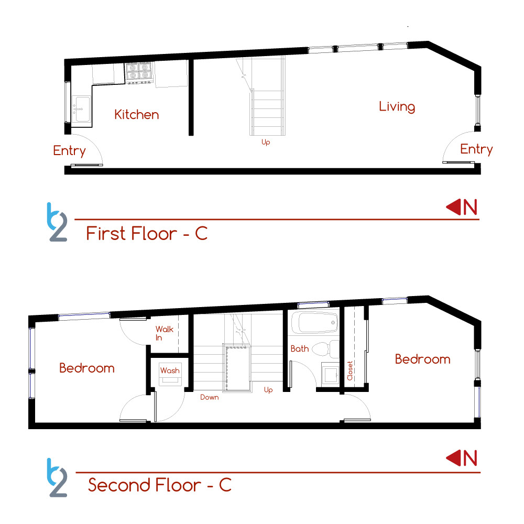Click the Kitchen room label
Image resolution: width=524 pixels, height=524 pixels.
coord(136,115)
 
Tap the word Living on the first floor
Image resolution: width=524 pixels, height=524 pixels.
coord(397,106)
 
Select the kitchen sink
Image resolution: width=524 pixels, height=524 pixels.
coord(81,108)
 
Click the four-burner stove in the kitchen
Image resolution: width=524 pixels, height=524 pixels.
coord(138,73)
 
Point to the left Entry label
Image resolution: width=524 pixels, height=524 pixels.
coord(70,151)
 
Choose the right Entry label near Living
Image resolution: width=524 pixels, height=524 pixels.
coord(476,149)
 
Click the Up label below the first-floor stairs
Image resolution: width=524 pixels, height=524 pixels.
coord(266,143)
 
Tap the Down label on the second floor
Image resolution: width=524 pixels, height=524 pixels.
coord(210,397)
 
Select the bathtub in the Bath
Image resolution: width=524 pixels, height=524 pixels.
coord(314,322)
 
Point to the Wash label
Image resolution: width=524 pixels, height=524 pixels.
coord(170,370)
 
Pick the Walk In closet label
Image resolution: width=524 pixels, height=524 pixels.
coord(165,333)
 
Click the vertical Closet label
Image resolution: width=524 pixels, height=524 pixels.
coord(350,370)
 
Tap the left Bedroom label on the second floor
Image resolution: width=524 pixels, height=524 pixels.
coord(87,368)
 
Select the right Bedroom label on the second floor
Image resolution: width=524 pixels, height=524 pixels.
coord(423,359)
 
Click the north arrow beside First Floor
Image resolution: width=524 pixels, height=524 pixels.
coord(453,207)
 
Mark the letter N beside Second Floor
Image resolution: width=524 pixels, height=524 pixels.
coord(470,458)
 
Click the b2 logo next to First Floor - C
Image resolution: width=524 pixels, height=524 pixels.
coord(57,222)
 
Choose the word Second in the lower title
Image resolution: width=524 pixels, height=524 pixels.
coord(119,485)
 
